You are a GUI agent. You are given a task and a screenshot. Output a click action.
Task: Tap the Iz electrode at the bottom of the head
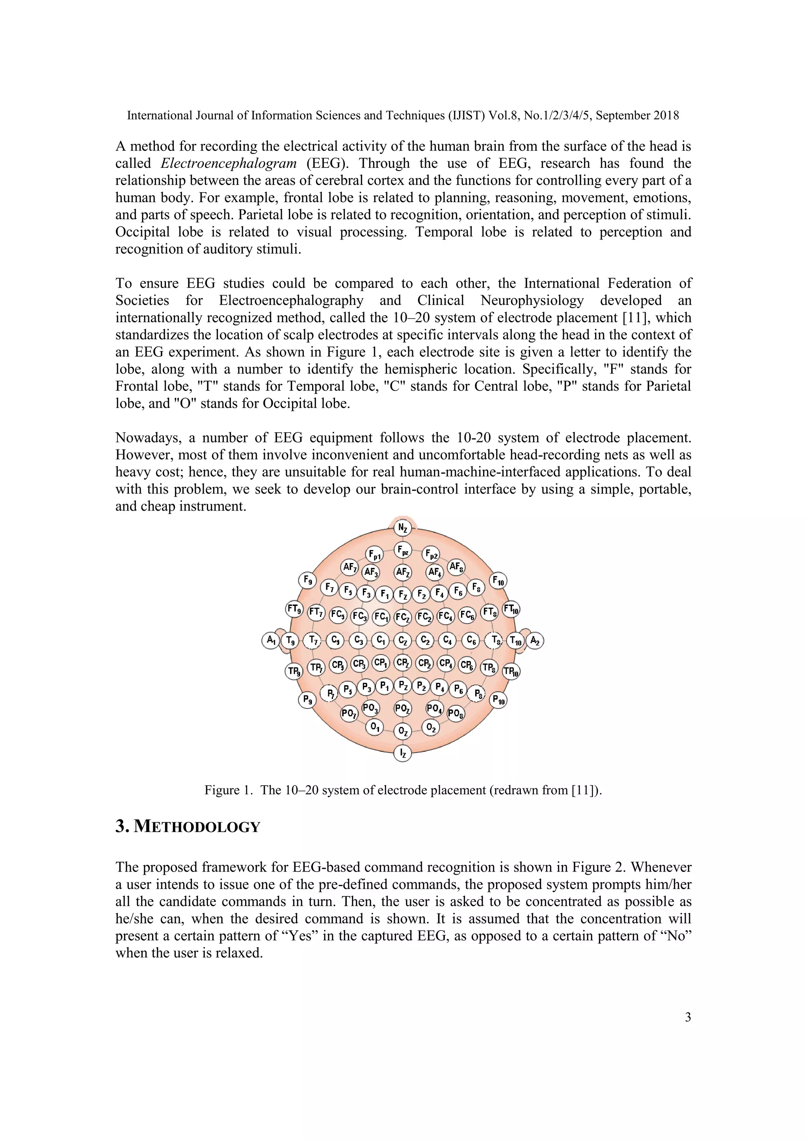(402, 753)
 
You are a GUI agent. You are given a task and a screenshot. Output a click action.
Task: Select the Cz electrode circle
(402, 641)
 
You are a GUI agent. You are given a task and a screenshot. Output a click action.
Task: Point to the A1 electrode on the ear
(270, 640)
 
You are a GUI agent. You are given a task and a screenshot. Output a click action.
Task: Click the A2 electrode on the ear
(535, 641)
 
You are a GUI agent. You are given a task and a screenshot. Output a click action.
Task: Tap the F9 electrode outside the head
(308, 580)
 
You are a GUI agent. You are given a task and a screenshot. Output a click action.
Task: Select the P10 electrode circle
(498, 700)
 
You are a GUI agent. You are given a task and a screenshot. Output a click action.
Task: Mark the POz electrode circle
(402, 708)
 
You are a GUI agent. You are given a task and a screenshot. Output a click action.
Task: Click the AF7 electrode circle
(350, 567)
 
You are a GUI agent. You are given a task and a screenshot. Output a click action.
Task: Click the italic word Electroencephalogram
(229, 164)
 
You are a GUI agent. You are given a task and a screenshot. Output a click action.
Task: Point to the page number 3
(688, 1017)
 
